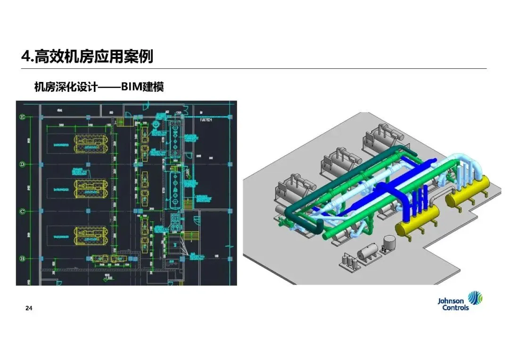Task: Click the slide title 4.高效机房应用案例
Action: [87, 57]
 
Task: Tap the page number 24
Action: [29, 309]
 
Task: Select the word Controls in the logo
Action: [455, 308]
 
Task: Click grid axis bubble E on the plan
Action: [21, 116]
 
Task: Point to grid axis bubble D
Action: [21, 164]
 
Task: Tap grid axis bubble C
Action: [21, 211]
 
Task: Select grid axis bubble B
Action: [21, 258]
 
